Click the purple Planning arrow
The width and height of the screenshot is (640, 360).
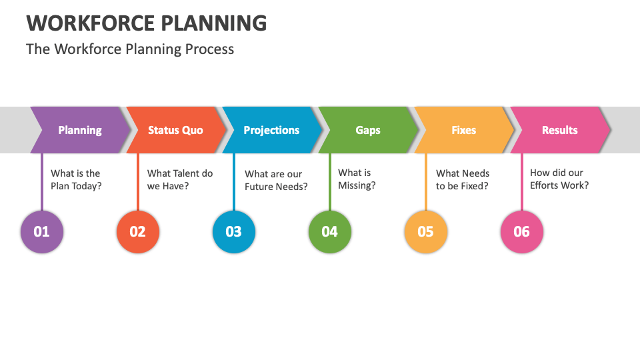[x=80, y=130]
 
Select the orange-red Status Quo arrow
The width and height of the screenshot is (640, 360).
[x=176, y=130]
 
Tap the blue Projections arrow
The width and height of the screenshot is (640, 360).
[x=272, y=130]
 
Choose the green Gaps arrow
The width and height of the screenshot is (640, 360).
[x=368, y=130]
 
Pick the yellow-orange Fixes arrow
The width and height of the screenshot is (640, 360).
[x=464, y=130]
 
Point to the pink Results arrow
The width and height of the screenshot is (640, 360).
[x=560, y=130]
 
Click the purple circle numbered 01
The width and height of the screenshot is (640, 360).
[x=42, y=232]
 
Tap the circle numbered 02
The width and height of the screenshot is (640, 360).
[x=138, y=232]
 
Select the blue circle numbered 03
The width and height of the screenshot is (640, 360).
[x=234, y=232]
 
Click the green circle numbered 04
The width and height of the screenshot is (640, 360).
[x=330, y=232]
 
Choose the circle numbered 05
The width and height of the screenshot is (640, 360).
[x=426, y=232]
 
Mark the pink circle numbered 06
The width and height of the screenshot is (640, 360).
[x=521, y=232]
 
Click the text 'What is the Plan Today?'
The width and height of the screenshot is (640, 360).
[x=76, y=179]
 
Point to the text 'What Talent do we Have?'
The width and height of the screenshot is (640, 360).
[x=180, y=179]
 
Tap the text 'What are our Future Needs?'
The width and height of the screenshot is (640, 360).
[x=276, y=180]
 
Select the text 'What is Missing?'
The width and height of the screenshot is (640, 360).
[x=357, y=179]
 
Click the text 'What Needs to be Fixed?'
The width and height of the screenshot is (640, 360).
[x=463, y=179]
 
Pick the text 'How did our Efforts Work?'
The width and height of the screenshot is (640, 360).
[x=559, y=179]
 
